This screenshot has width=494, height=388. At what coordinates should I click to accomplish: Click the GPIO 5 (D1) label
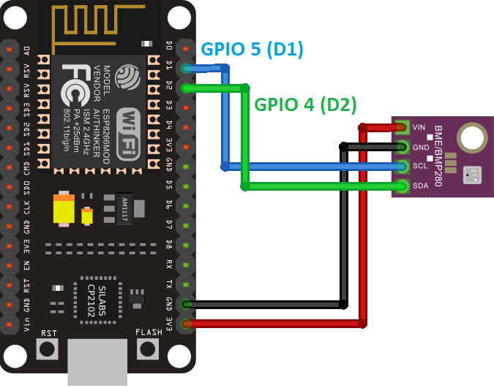[252, 49]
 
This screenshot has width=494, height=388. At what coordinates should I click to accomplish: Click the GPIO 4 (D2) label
[304, 104]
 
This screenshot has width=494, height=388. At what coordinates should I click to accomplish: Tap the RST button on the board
[48, 349]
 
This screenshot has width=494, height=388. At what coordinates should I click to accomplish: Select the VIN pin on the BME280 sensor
[402, 127]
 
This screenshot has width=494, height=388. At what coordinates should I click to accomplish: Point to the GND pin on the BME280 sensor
[402, 147]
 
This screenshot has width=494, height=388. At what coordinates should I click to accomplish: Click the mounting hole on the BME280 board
[471, 137]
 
